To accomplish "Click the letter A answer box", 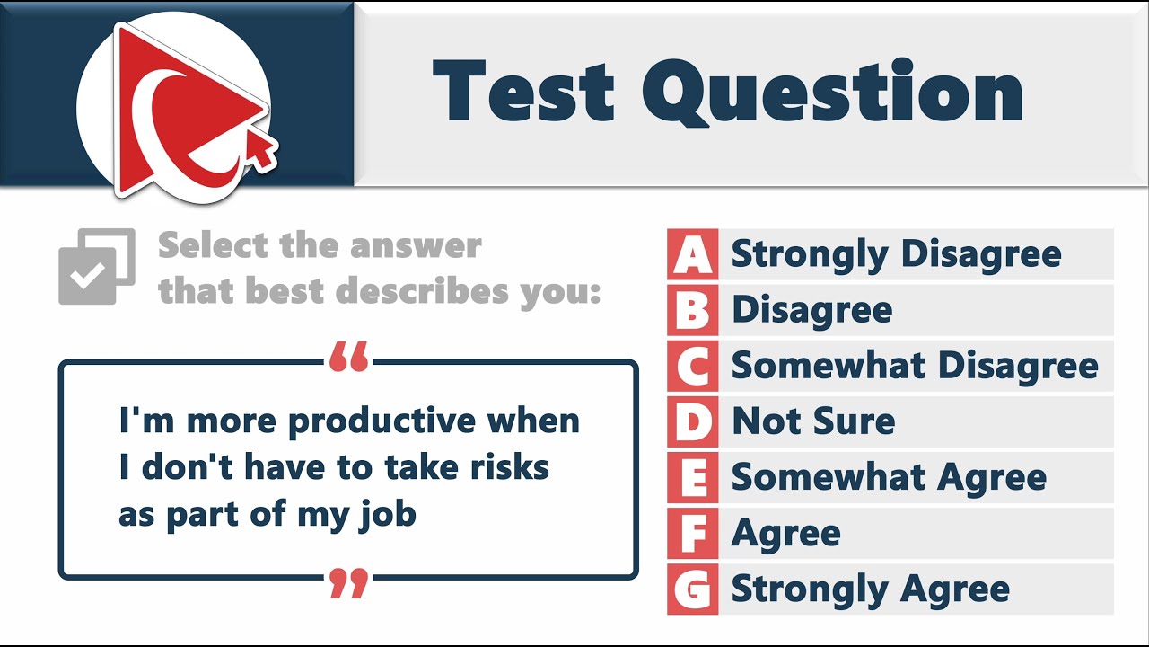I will tap(692, 254).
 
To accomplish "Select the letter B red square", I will tap(692, 310).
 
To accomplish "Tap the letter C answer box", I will tap(692, 366).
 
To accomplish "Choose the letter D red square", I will tap(692, 421).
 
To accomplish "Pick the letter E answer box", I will tap(692, 477).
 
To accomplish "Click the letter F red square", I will tap(692, 533).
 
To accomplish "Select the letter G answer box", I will tap(692, 589).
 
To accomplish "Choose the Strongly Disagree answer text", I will tap(896, 254).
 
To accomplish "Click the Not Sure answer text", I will tap(813, 421).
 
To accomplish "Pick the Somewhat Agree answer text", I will tap(889, 477).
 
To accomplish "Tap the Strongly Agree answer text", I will tap(871, 589).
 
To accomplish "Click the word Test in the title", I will tap(523, 92).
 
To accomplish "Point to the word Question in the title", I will tap(833, 93).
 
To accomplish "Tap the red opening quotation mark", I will tap(348, 357).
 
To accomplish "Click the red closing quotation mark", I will tap(348, 583).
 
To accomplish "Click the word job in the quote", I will tap(392, 515).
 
